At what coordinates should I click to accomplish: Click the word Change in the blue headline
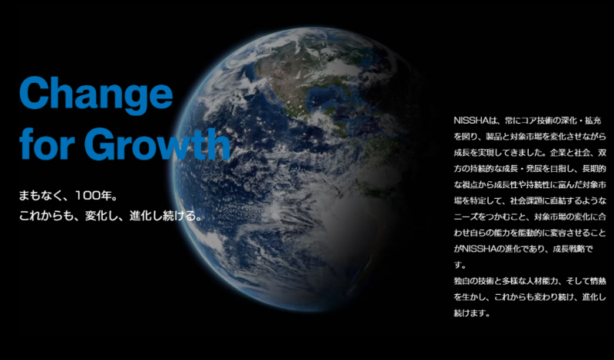click(96, 93)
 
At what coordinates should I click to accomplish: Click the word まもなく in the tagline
click(41, 196)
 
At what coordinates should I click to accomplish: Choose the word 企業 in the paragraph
click(558, 153)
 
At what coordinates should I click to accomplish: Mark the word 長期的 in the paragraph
click(594, 168)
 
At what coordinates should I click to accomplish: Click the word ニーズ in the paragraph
click(466, 216)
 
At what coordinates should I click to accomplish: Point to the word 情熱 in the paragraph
click(598, 281)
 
